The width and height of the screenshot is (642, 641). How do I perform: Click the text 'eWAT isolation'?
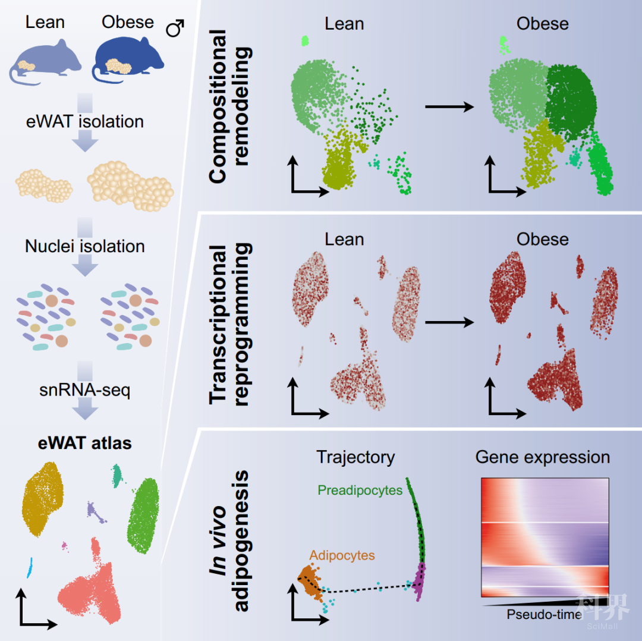[85, 122]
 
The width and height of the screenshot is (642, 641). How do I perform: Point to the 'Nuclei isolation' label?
[85, 246]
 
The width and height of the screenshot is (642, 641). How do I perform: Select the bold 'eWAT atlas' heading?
[86, 444]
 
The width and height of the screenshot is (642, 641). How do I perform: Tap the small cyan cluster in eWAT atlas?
[29, 567]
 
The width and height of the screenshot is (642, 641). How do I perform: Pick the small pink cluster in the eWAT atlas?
[64, 545]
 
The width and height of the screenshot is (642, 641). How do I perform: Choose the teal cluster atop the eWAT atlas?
[117, 473]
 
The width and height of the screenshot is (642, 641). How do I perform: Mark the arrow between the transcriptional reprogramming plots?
[449, 322]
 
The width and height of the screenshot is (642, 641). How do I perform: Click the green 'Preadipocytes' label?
[360, 491]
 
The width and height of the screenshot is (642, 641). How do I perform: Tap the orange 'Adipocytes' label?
[342, 555]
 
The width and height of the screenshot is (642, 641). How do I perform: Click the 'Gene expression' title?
[543, 457]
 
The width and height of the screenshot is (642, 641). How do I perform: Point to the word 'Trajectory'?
[355, 457]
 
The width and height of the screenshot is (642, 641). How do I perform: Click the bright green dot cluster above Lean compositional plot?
[306, 40]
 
